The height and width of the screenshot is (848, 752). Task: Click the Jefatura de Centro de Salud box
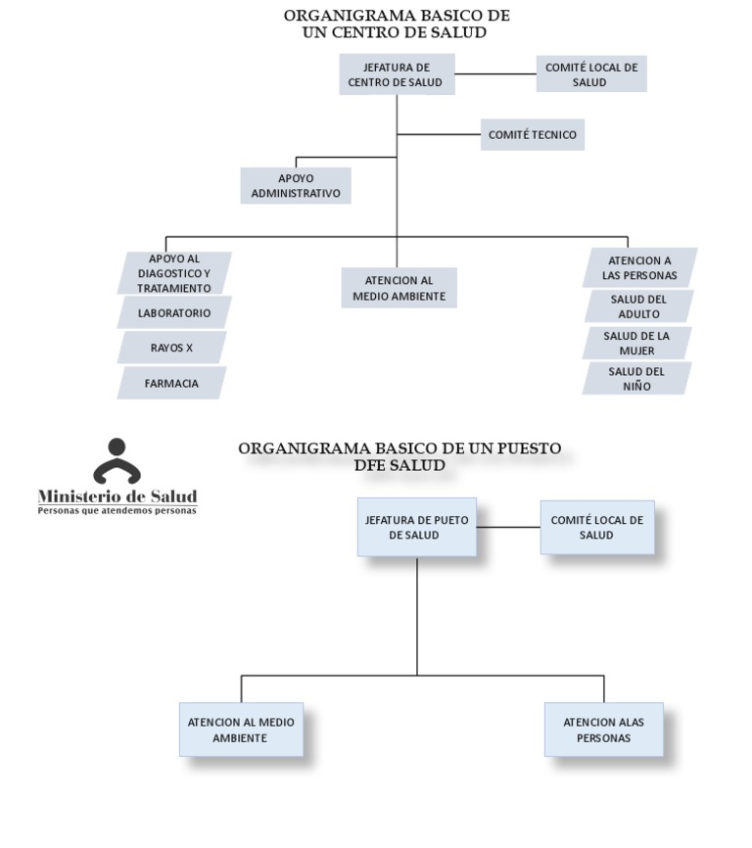(x=397, y=74)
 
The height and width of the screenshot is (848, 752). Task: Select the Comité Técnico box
(x=533, y=135)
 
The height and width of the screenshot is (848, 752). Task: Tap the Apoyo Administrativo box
(x=296, y=185)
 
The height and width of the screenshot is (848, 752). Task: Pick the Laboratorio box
(x=174, y=312)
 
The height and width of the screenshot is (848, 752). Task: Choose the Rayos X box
(x=171, y=348)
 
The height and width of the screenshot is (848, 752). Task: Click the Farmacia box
(x=171, y=383)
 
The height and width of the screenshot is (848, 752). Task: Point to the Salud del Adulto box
(x=638, y=306)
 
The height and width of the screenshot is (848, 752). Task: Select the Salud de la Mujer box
(x=636, y=343)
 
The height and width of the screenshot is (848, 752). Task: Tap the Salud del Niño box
(x=636, y=379)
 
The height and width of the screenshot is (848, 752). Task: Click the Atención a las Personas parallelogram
(x=639, y=267)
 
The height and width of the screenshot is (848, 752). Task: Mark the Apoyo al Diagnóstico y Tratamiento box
(x=174, y=273)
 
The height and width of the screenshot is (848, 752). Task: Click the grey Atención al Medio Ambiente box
(x=399, y=288)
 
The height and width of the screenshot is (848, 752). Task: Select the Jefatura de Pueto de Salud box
(x=417, y=527)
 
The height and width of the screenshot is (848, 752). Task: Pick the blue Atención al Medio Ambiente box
(x=241, y=730)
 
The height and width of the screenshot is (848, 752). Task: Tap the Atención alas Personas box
(x=604, y=730)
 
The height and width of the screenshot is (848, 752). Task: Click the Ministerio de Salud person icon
(x=117, y=461)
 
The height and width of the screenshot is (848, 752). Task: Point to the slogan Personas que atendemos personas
(x=117, y=510)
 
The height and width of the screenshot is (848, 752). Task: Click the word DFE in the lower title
(x=372, y=465)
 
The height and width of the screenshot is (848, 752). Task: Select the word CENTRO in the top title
(x=364, y=32)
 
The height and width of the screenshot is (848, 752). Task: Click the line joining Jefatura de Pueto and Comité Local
(x=509, y=527)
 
